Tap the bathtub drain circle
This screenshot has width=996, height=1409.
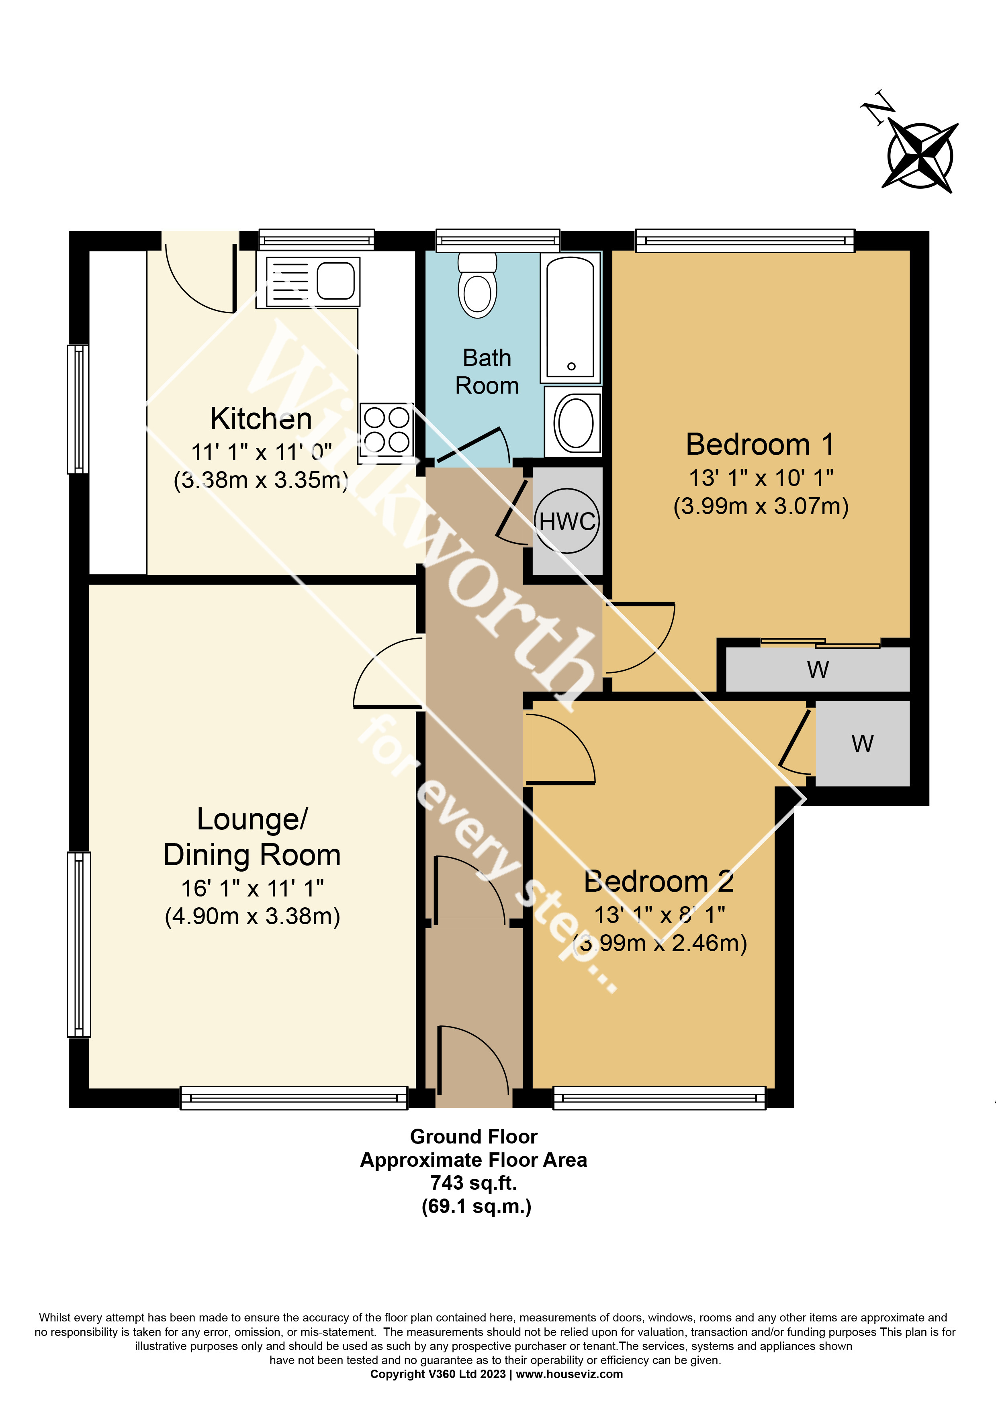point(571,366)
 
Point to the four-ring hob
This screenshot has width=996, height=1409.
point(386,430)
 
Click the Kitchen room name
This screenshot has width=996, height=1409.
point(261,419)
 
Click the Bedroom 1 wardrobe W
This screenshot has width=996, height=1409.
point(818,670)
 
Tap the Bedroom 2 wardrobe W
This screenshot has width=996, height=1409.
point(862,744)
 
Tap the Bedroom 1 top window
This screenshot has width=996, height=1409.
point(745,240)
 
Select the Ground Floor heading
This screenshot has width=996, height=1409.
point(473,1137)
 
